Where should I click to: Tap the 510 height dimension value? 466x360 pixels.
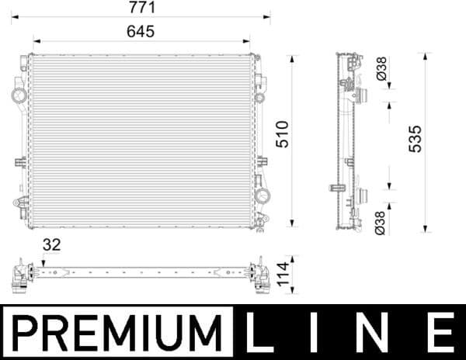tap(282, 137)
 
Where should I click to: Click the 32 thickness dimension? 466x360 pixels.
tap(51, 245)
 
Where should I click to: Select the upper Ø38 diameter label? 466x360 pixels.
tap(381, 71)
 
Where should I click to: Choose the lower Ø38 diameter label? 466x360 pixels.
tap(381, 223)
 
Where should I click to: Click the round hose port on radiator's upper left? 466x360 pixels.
tap(19, 96)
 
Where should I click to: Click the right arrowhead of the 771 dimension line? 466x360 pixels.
tap(267, 16)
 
